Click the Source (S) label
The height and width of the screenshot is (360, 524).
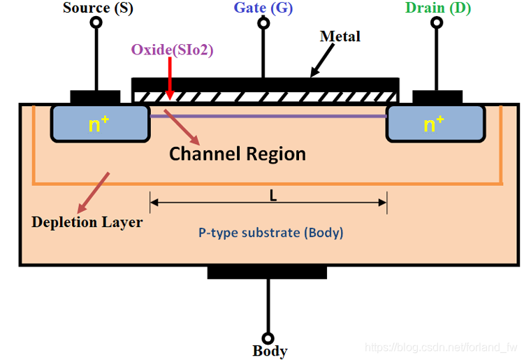pos(98,8)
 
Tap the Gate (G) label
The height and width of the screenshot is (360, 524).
pos(263,8)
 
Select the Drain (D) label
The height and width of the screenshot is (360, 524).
pos(437,8)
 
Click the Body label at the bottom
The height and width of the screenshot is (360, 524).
pos(270,351)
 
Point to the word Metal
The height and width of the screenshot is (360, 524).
pos(340,36)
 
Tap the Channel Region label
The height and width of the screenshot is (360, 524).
pos(238,154)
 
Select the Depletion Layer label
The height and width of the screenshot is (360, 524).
pos(87,222)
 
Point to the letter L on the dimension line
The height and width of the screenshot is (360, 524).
pos(273,196)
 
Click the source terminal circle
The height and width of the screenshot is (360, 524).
pos(95,22)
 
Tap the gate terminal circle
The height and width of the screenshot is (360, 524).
pos(263,22)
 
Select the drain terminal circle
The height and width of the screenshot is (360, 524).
pos(437,22)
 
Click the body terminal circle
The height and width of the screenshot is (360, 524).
pos(267,336)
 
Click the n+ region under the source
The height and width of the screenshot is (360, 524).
pos(100,124)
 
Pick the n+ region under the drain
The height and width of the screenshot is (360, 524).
pos(435,124)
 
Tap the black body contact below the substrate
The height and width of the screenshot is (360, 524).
pos(267,272)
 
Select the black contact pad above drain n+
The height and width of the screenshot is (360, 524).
pos(437,97)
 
